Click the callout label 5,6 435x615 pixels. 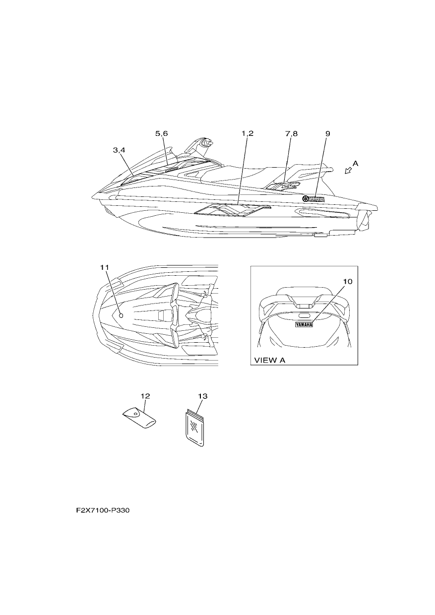coord(161,134)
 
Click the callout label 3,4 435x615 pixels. coord(119,150)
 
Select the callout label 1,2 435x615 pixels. coord(247,134)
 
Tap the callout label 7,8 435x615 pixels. coord(291,134)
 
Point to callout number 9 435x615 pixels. coord(328,134)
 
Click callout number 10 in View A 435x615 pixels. coord(347,282)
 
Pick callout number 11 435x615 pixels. coord(105,267)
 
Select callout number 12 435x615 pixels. coord(145,396)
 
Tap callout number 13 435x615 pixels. coord(202,396)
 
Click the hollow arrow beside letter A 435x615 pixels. coord(348,171)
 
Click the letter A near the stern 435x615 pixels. coord(355,164)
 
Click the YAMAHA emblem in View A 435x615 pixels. coord(304,325)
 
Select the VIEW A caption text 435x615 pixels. coord(270,361)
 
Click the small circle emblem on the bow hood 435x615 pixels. coord(122,316)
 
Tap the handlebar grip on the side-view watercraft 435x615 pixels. coord(207,143)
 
